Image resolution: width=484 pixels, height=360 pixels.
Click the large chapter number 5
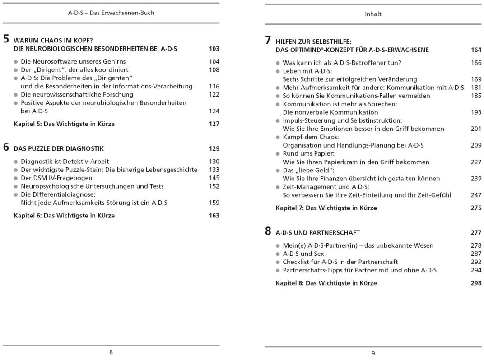pos(6,39)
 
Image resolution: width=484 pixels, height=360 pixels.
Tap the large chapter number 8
pos(268,231)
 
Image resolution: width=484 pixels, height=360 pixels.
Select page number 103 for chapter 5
pos(214,49)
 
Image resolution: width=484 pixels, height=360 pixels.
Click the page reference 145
pos(214,178)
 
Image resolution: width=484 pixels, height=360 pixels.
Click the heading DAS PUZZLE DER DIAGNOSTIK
pos(59,148)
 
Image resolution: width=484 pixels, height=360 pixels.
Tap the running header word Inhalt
pos(373,14)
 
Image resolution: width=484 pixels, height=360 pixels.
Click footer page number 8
pos(111,352)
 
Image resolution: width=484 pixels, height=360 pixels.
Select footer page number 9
pos(373,353)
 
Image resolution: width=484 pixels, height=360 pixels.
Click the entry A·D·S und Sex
pos(303,254)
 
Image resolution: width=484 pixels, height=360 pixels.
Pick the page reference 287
pos(476,254)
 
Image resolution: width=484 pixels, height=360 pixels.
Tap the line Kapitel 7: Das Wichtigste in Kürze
pos(326,208)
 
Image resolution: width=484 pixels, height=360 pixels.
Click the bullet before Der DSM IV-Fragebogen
pos(16,178)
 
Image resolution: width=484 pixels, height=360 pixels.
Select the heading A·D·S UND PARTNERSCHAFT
pos(318,233)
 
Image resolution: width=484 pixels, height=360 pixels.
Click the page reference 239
pos(476,179)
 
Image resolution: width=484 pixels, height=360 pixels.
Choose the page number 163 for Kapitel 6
pos(214,216)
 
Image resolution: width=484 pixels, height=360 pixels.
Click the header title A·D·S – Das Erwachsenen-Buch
pos(111,13)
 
